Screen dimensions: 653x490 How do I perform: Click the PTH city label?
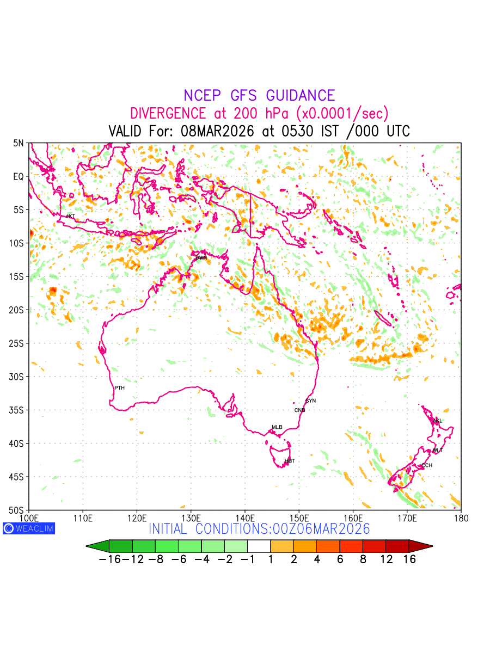coord(119,388)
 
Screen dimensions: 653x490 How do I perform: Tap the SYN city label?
coord(311,401)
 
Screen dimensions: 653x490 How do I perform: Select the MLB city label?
coord(277,427)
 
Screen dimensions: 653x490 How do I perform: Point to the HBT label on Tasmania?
coord(290,461)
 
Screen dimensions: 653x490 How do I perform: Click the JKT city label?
coord(70,217)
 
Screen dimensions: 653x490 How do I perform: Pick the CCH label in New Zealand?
coord(427,465)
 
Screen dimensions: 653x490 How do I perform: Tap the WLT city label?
coord(438,451)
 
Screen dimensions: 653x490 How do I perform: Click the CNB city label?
coord(299,410)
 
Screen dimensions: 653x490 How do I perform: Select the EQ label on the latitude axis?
coord(19,176)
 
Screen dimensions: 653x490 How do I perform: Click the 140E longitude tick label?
coord(244,517)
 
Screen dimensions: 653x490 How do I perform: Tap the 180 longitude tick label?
coord(461,517)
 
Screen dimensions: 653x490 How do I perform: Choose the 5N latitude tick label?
coord(19,143)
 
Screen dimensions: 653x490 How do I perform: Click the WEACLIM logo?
coord(29,528)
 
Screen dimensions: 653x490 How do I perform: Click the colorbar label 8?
coord(363,559)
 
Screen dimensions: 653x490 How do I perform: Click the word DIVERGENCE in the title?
coord(168,114)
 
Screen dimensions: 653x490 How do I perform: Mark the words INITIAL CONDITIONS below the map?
coord(209,529)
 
